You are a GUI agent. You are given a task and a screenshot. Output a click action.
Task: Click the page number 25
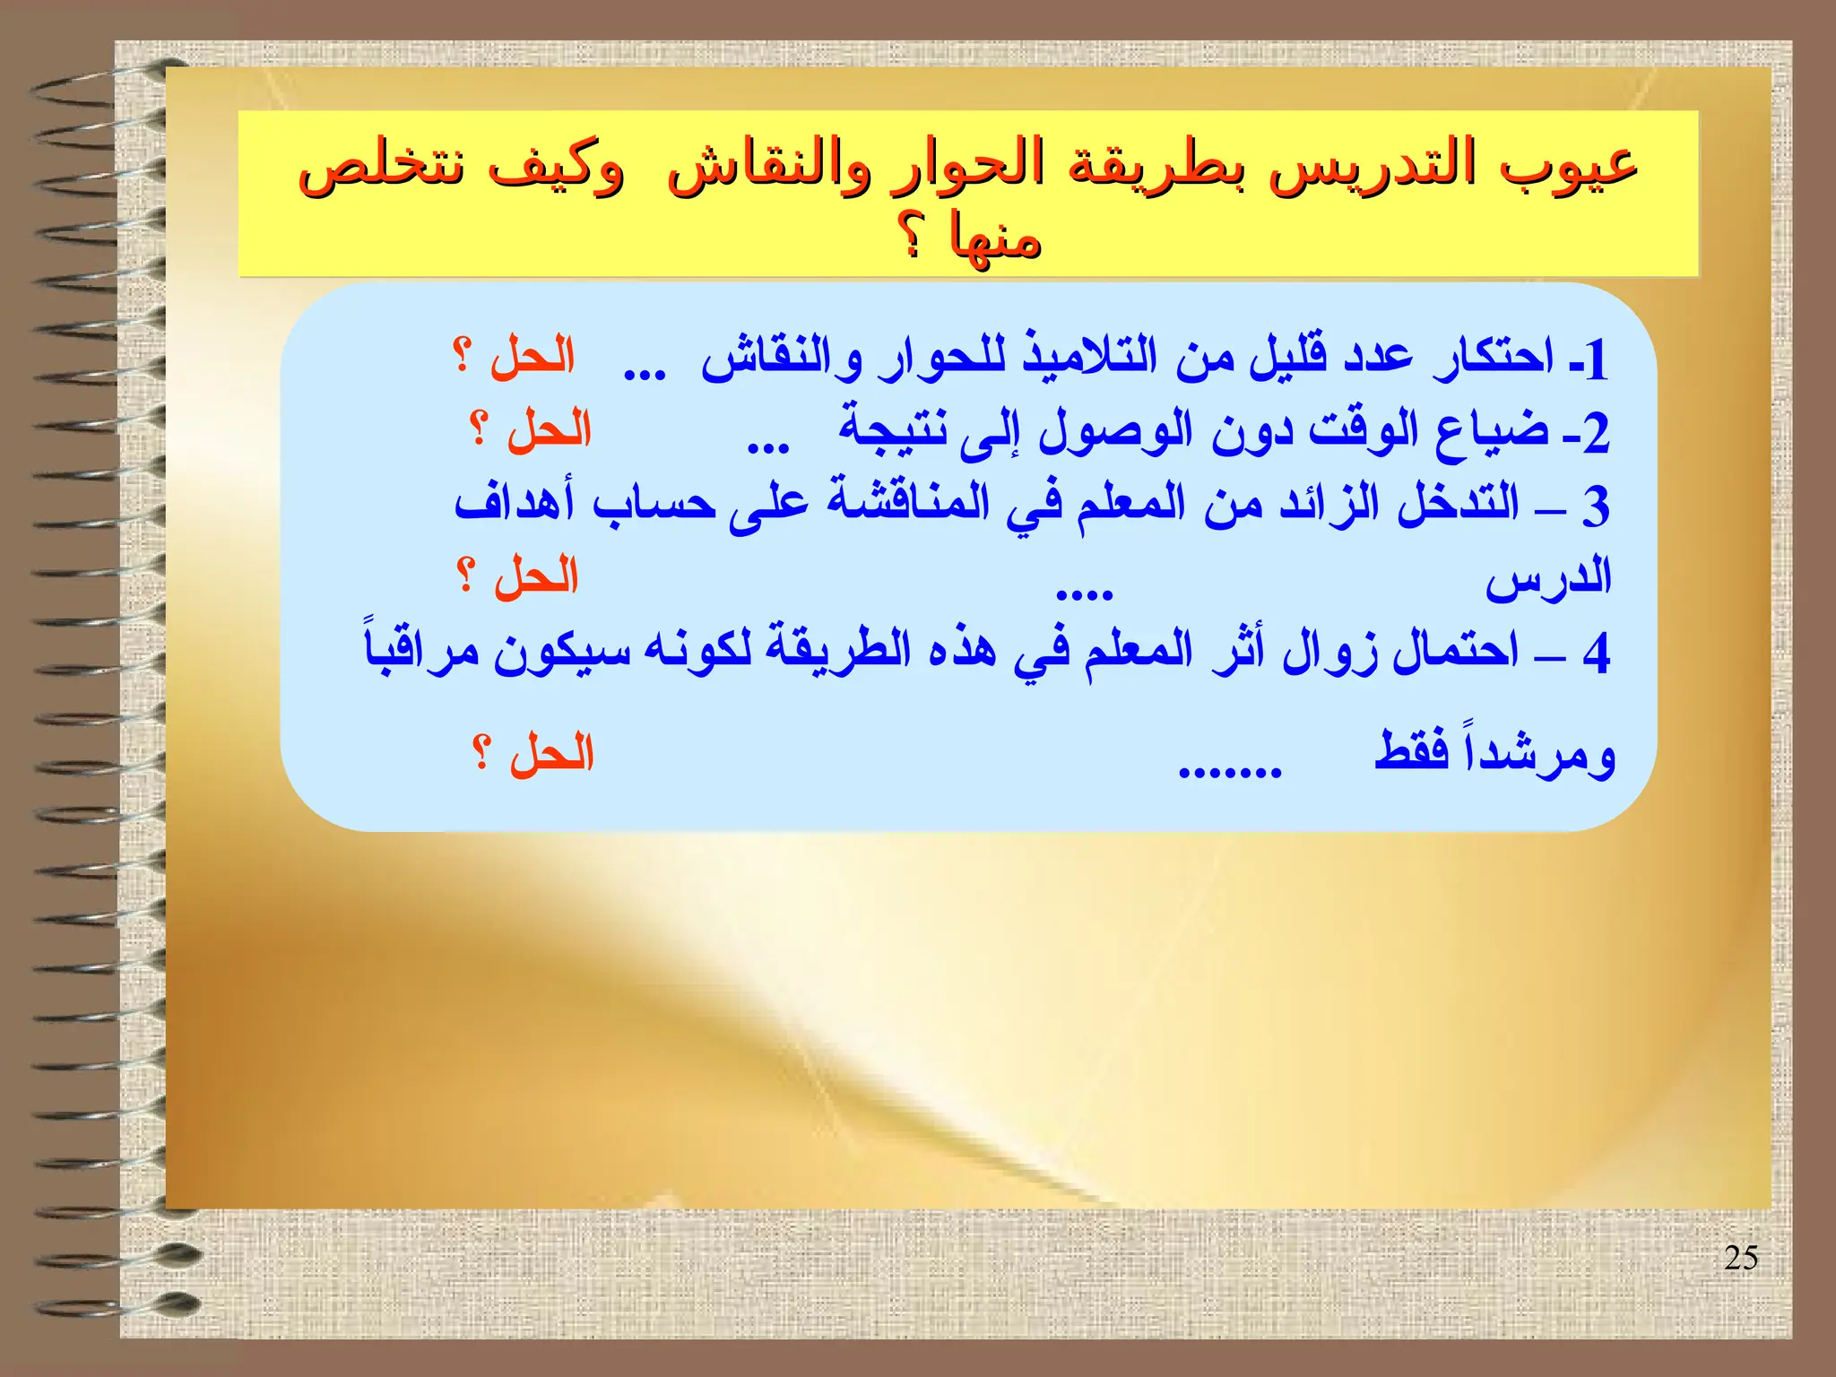click(x=1740, y=1258)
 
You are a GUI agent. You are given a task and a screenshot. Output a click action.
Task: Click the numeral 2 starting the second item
click(x=1596, y=434)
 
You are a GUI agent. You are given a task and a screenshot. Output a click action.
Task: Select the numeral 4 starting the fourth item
click(x=1596, y=652)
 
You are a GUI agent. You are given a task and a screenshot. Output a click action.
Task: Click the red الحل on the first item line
click(x=532, y=356)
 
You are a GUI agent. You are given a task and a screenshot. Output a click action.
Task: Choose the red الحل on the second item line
click(x=549, y=429)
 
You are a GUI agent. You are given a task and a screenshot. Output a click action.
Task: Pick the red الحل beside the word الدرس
click(x=536, y=575)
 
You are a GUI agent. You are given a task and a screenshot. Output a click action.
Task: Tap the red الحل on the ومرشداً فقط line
click(x=551, y=753)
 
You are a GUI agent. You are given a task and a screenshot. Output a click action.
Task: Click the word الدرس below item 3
click(x=1548, y=578)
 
